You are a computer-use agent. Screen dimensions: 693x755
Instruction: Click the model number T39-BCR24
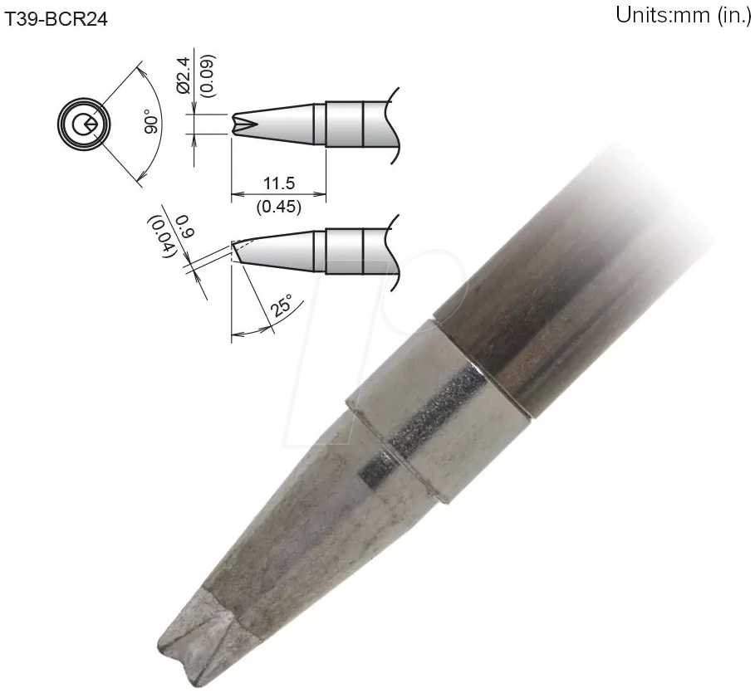click(x=56, y=19)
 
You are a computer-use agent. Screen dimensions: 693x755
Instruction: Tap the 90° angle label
click(x=151, y=123)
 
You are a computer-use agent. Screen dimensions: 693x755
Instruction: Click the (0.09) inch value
click(x=202, y=80)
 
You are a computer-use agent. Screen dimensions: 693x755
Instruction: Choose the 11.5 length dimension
click(x=278, y=184)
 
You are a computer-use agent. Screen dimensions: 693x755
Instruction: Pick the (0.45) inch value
click(x=278, y=206)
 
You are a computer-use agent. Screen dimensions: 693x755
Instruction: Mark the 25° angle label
click(x=282, y=307)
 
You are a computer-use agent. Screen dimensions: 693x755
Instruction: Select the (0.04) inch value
click(x=160, y=237)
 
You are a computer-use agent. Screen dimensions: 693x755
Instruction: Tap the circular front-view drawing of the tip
click(x=81, y=125)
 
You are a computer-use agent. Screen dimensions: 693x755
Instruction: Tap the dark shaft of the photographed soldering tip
click(x=581, y=274)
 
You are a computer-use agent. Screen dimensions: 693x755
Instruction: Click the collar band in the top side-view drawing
click(x=344, y=124)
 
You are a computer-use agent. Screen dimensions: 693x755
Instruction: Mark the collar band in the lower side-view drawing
click(x=344, y=250)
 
